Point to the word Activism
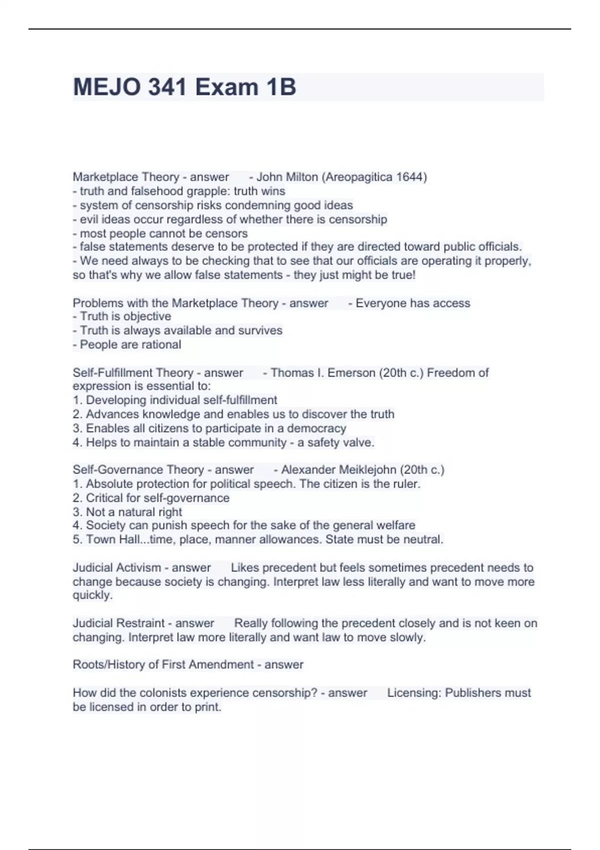pos(143,568)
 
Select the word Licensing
pos(414,693)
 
